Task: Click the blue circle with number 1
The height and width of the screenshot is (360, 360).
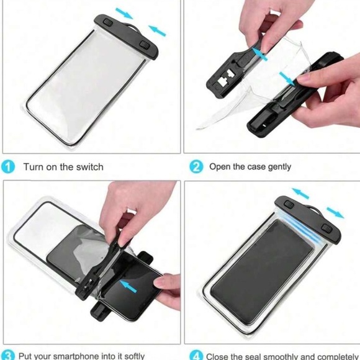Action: tap(9, 166)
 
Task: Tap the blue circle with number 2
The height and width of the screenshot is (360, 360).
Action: tap(196, 166)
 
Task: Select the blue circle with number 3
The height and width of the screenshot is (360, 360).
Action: tap(7, 356)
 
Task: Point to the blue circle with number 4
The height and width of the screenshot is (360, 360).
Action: tap(196, 356)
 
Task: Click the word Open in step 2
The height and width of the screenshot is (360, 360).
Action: tap(220, 166)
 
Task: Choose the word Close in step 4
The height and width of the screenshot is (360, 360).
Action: tap(220, 356)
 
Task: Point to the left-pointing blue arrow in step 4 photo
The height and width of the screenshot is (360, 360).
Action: tap(300, 192)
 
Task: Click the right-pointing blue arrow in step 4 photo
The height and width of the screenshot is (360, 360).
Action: tap(335, 214)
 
